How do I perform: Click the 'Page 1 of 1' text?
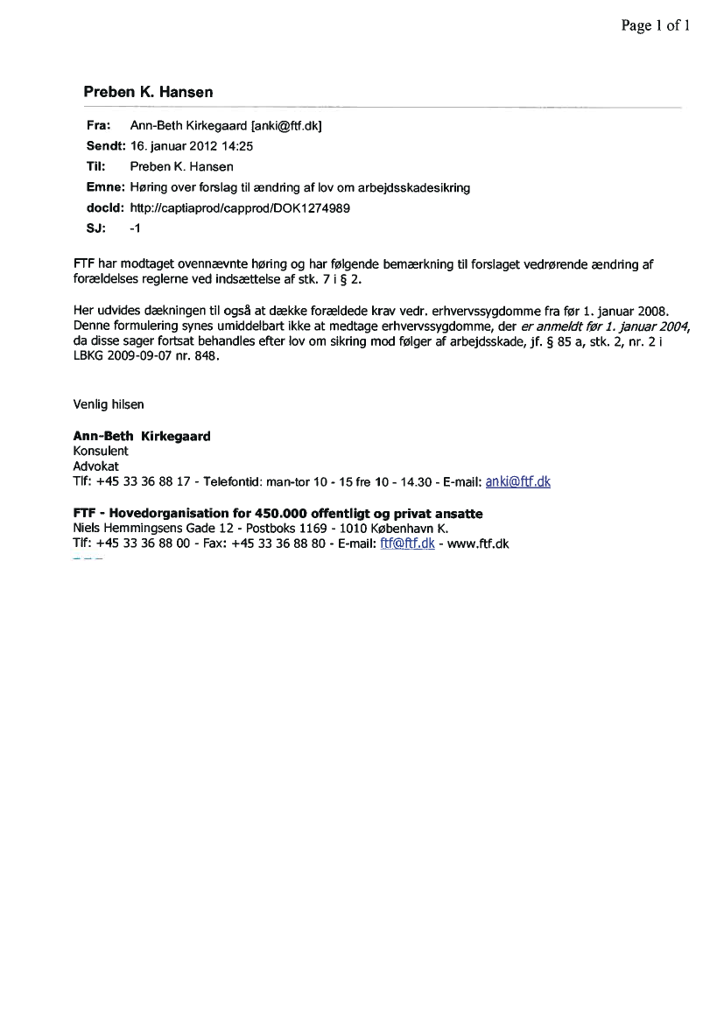point(656,25)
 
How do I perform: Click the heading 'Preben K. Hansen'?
point(148,92)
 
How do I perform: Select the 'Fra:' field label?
point(97,126)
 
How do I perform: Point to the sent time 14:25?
point(237,146)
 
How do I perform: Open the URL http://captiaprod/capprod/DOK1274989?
point(240,207)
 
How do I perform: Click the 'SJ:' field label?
point(95,228)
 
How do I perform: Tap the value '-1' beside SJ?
point(134,228)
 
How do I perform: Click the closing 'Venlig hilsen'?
point(109,404)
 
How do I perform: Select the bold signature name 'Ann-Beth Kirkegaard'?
point(142,436)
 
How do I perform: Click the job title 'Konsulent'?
point(101,451)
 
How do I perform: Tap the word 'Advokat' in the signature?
point(96,466)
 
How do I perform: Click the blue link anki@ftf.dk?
point(517,481)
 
